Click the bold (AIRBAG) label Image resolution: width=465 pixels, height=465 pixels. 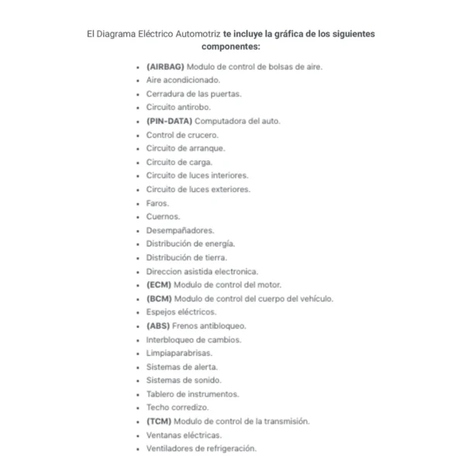point(166,67)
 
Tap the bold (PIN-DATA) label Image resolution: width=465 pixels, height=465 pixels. point(170,122)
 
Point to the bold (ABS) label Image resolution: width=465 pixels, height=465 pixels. point(158,325)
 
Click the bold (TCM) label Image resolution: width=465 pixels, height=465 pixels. point(159,422)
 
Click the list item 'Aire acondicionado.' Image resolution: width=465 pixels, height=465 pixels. point(183,80)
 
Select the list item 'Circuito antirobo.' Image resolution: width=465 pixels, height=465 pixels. point(178,108)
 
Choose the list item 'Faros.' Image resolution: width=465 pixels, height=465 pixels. point(157,203)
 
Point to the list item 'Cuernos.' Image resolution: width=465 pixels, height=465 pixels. point(163,217)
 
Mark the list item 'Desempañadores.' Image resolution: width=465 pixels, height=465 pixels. point(180,230)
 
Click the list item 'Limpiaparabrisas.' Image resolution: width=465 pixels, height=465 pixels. point(179,353)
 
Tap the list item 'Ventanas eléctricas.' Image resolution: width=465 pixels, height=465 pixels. point(184,435)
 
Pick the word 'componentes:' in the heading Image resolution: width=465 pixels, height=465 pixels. point(231,46)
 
